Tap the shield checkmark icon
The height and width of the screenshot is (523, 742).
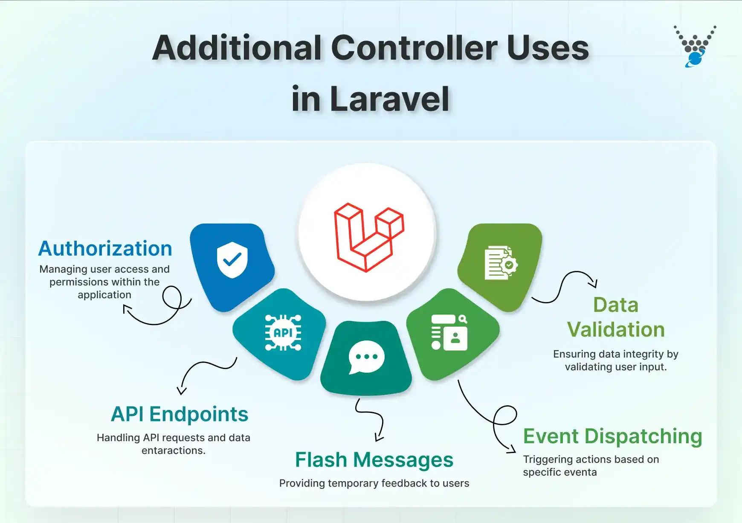[232, 259]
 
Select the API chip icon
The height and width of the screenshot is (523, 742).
[283, 333]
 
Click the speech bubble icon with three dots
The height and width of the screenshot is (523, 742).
[366, 357]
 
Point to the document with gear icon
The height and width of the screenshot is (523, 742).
[501, 263]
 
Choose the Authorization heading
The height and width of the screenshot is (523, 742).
[105, 249]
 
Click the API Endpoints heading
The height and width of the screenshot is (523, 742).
[180, 414]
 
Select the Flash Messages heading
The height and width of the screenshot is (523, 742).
[374, 460]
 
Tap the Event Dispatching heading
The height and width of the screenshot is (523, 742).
[612, 436]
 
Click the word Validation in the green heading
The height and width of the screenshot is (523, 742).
[616, 330]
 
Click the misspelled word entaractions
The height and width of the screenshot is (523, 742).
[173, 450]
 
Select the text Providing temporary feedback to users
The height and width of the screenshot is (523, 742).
[374, 483]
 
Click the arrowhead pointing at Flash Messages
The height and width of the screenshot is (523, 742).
[378, 439]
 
